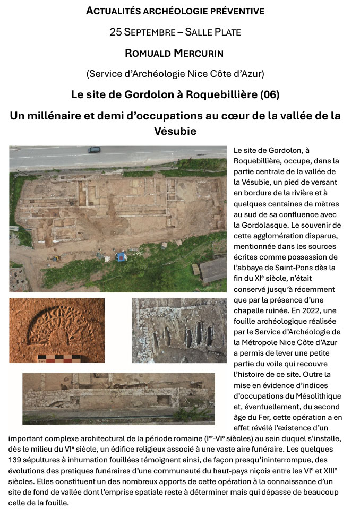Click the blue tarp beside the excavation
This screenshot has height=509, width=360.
[121, 257]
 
